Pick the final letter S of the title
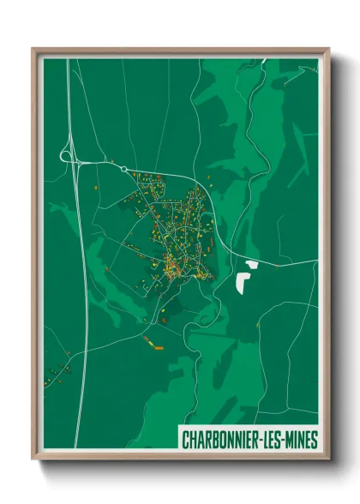pos(315,440)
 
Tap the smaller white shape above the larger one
pos(251,264)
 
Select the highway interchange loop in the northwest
pos(68,155)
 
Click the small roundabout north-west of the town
pos(124,169)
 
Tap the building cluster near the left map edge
pos(59,371)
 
